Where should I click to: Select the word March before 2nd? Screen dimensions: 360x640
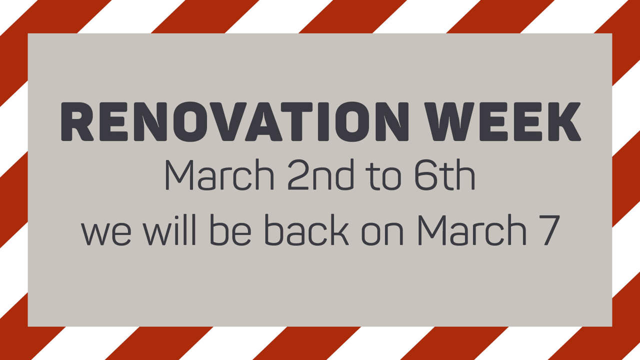(x=219, y=176)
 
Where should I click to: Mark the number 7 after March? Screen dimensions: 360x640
(x=546, y=231)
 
